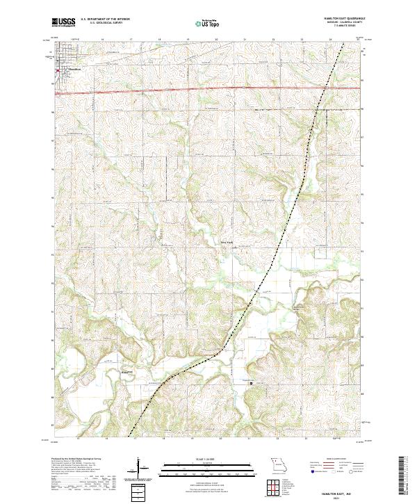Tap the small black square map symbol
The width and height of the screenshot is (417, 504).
[252, 382]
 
